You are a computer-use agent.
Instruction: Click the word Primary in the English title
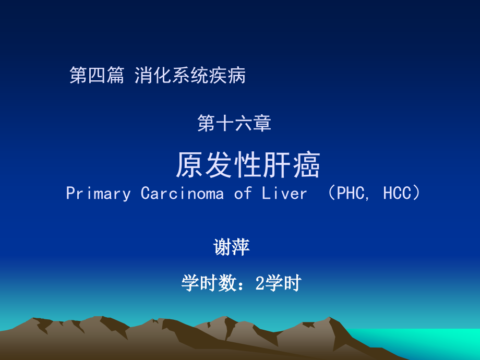click(x=99, y=194)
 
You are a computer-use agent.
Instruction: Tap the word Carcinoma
click(x=183, y=194)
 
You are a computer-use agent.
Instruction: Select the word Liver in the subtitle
click(x=285, y=194)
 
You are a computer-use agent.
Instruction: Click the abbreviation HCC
click(x=398, y=194)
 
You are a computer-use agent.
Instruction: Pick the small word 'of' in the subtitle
click(x=243, y=194)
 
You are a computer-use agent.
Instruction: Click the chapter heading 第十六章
click(x=234, y=124)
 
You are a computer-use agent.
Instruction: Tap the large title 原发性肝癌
click(x=248, y=165)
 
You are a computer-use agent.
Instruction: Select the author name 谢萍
click(x=232, y=247)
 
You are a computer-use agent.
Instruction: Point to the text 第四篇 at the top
click(x=97, y=76)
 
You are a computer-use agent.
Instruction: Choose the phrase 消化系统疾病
click(x=190, y=76)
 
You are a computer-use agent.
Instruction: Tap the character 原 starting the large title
click(x=189, y=165)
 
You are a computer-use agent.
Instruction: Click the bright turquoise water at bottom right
click(x=443, y=342)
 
